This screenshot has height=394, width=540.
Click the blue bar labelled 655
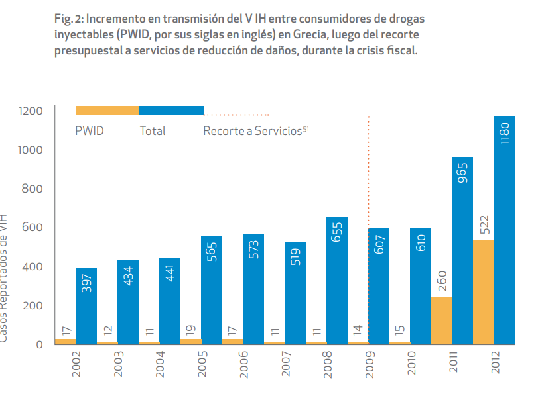[x=337, y=281]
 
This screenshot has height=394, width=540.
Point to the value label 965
[x=462, y=172]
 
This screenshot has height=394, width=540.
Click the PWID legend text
[x=90, y=131]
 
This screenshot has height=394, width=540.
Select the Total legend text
[x=153, y=131]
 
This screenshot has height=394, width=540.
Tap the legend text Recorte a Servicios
[x=253, y=131]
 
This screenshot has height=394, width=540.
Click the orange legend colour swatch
[x=107, y=111]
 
